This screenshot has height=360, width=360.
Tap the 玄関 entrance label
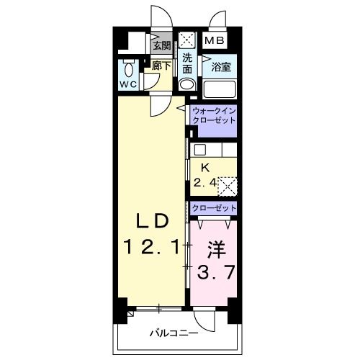coord(162,45)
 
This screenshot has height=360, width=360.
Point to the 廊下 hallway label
coord(162,66)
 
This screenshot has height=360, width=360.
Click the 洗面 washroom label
coord(187,64)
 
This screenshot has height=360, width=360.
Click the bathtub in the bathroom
coord(222,89)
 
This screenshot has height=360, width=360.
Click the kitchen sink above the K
coord(201,150)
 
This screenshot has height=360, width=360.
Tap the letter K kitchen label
coord(204,168)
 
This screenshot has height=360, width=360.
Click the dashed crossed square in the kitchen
coord(227,186)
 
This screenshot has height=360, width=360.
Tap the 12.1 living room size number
coord(152,247)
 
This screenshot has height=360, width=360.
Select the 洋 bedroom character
coord(216,251)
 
